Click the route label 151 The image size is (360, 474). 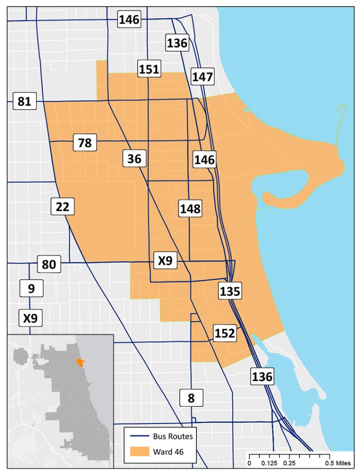pyautogui.click(x=149, y=69)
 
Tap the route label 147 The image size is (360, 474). pyautogui.click(x=202, y=77)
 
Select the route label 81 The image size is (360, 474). pyautogui.click(x=24, y=101)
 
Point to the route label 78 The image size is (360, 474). pyautogui.click(x=85, y=143)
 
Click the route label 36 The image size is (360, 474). pyautogui.click(x=134, y=159)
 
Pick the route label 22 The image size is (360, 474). pyautogui.click(x=63, y=206)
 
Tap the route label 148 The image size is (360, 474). pyautogui.click(x=190, y=209)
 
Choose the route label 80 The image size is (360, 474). pyautogui.click(x=49, y=265)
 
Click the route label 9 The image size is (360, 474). pyautogui.click(x=31, y=289)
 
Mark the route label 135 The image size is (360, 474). pyautogui.click(x=230, y=292)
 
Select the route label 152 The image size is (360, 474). pyautogui.click(x=225, y=333)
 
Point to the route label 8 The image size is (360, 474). pyautogui.click(x=191, y=398)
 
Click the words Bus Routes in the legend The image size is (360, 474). pyautogui.click(x=173, y=436)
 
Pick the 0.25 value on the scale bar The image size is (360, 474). pyautogui.click(x=290, y=462)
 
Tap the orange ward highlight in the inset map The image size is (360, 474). pyautogui.click(x=80, y=362)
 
